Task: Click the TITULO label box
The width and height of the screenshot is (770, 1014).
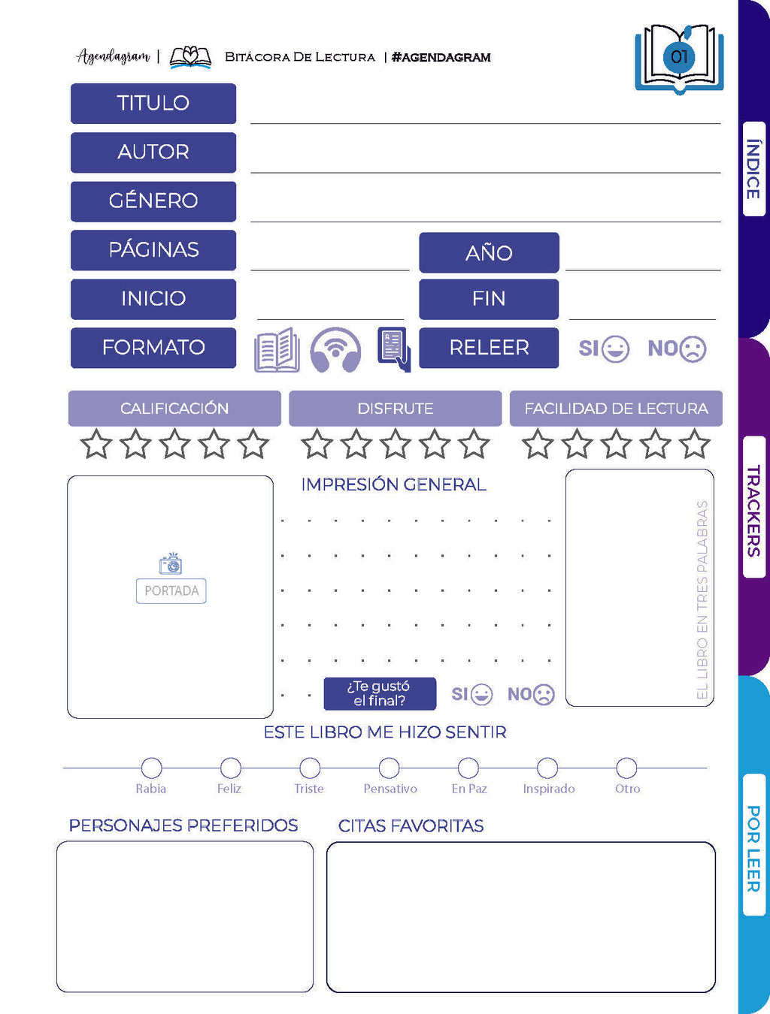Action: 153,103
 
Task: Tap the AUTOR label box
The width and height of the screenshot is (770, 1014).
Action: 153,152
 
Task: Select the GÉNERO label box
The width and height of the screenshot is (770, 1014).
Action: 153,201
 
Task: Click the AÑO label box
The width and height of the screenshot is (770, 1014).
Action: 489,252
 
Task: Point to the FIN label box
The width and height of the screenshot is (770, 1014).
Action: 489,299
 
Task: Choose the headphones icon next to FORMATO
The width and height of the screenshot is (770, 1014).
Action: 335,350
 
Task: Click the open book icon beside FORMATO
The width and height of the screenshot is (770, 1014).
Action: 277,350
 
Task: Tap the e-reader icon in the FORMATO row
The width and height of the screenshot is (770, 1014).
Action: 393,349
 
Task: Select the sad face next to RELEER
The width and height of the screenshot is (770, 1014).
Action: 693,349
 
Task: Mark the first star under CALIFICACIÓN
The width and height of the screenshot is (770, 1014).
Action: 96,444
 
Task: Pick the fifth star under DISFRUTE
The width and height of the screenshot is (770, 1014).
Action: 474,444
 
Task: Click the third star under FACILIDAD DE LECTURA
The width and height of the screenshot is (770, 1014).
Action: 616,444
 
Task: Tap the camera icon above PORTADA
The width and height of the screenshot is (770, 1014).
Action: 171,563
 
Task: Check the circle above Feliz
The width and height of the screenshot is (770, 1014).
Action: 231,768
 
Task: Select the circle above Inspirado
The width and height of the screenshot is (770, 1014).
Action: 547,768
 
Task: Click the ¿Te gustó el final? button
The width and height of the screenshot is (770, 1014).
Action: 380,693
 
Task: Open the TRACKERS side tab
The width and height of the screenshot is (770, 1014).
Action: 753,511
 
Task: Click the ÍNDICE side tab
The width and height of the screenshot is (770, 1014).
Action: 753,169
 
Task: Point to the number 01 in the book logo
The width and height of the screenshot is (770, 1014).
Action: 680,57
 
